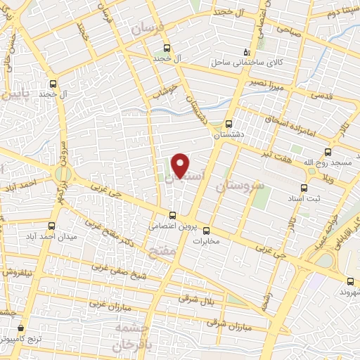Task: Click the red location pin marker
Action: (x=181, y=165)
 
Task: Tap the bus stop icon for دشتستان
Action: (x=229, y=122)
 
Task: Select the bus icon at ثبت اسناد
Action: (x=304, y=188)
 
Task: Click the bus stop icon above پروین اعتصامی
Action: (x=172, y=216)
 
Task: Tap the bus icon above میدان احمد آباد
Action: (x=52, y=226)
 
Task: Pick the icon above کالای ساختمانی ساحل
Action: (x=245, y=51)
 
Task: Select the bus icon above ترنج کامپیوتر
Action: (x=20, y=328)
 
